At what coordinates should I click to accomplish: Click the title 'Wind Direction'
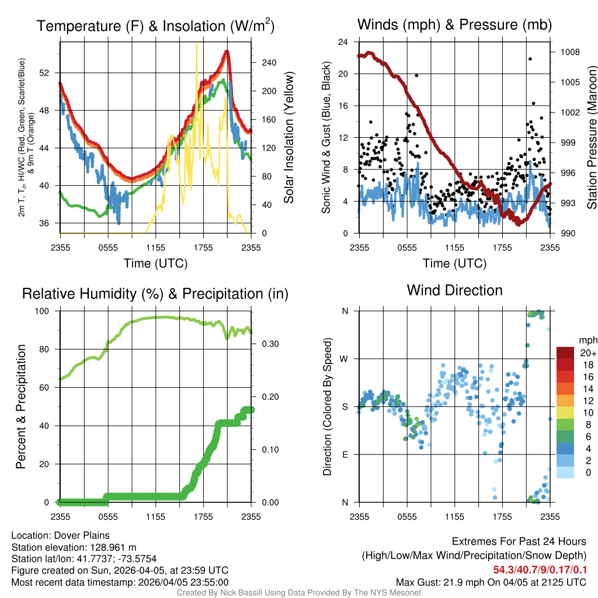pos(454,290)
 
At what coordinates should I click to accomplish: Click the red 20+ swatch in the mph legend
pos(565,353)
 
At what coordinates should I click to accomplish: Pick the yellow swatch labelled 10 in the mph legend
pos(565,412)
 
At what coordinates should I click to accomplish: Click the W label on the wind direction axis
pos(345,359)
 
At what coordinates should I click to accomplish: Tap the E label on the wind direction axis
pos(345,454)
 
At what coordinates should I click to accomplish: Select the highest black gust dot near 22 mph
pos(530,59)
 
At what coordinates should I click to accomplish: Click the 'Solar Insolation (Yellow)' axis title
pos(288,138)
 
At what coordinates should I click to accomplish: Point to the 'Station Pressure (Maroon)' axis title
pos(592,138)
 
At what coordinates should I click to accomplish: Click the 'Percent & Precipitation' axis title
pos(20,406)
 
